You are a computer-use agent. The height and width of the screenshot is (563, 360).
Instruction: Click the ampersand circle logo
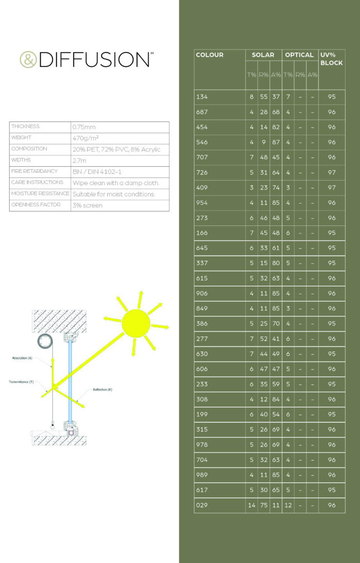click(x=28, y=59)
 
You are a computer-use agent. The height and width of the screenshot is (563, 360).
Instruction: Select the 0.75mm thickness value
click(x=84, y=127)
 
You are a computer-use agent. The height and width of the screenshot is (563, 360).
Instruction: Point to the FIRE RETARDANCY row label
click(x=34, y=171)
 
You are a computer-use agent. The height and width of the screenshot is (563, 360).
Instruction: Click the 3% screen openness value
click(x=87, y=205)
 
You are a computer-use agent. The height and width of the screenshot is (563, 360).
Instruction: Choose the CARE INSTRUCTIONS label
click(x=37, y=183)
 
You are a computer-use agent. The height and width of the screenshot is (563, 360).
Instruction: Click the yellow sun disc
click(x=136, y=323)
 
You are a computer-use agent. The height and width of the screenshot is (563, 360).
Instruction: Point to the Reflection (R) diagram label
click(x=102, y=390)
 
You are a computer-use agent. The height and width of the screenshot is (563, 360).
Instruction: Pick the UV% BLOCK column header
click(x=331, y=59)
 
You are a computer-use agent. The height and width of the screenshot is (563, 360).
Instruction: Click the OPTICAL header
click(x=299, y=55)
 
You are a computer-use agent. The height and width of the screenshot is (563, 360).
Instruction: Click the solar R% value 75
click(x=263, y=505)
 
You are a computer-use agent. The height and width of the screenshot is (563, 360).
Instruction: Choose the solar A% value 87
click(x=276, y=142)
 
